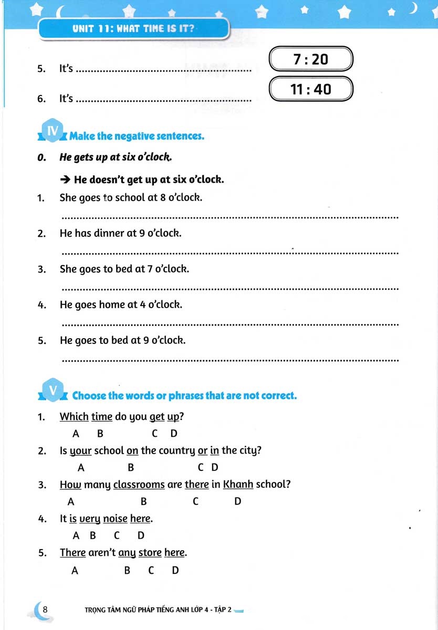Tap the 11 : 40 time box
pos(310,89)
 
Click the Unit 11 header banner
pos(134,28)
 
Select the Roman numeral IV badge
pos(53,131)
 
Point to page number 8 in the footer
pos(45,609)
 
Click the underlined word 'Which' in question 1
pos(74,417)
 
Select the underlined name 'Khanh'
pos(238,485)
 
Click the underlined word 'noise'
pos(115,519)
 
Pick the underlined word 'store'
pos(150,553)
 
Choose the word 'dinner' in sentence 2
pos(109,233)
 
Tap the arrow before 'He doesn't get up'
pos(65,180)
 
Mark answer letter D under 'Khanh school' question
pos(237,502)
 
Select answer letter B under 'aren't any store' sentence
pos(127,571)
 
